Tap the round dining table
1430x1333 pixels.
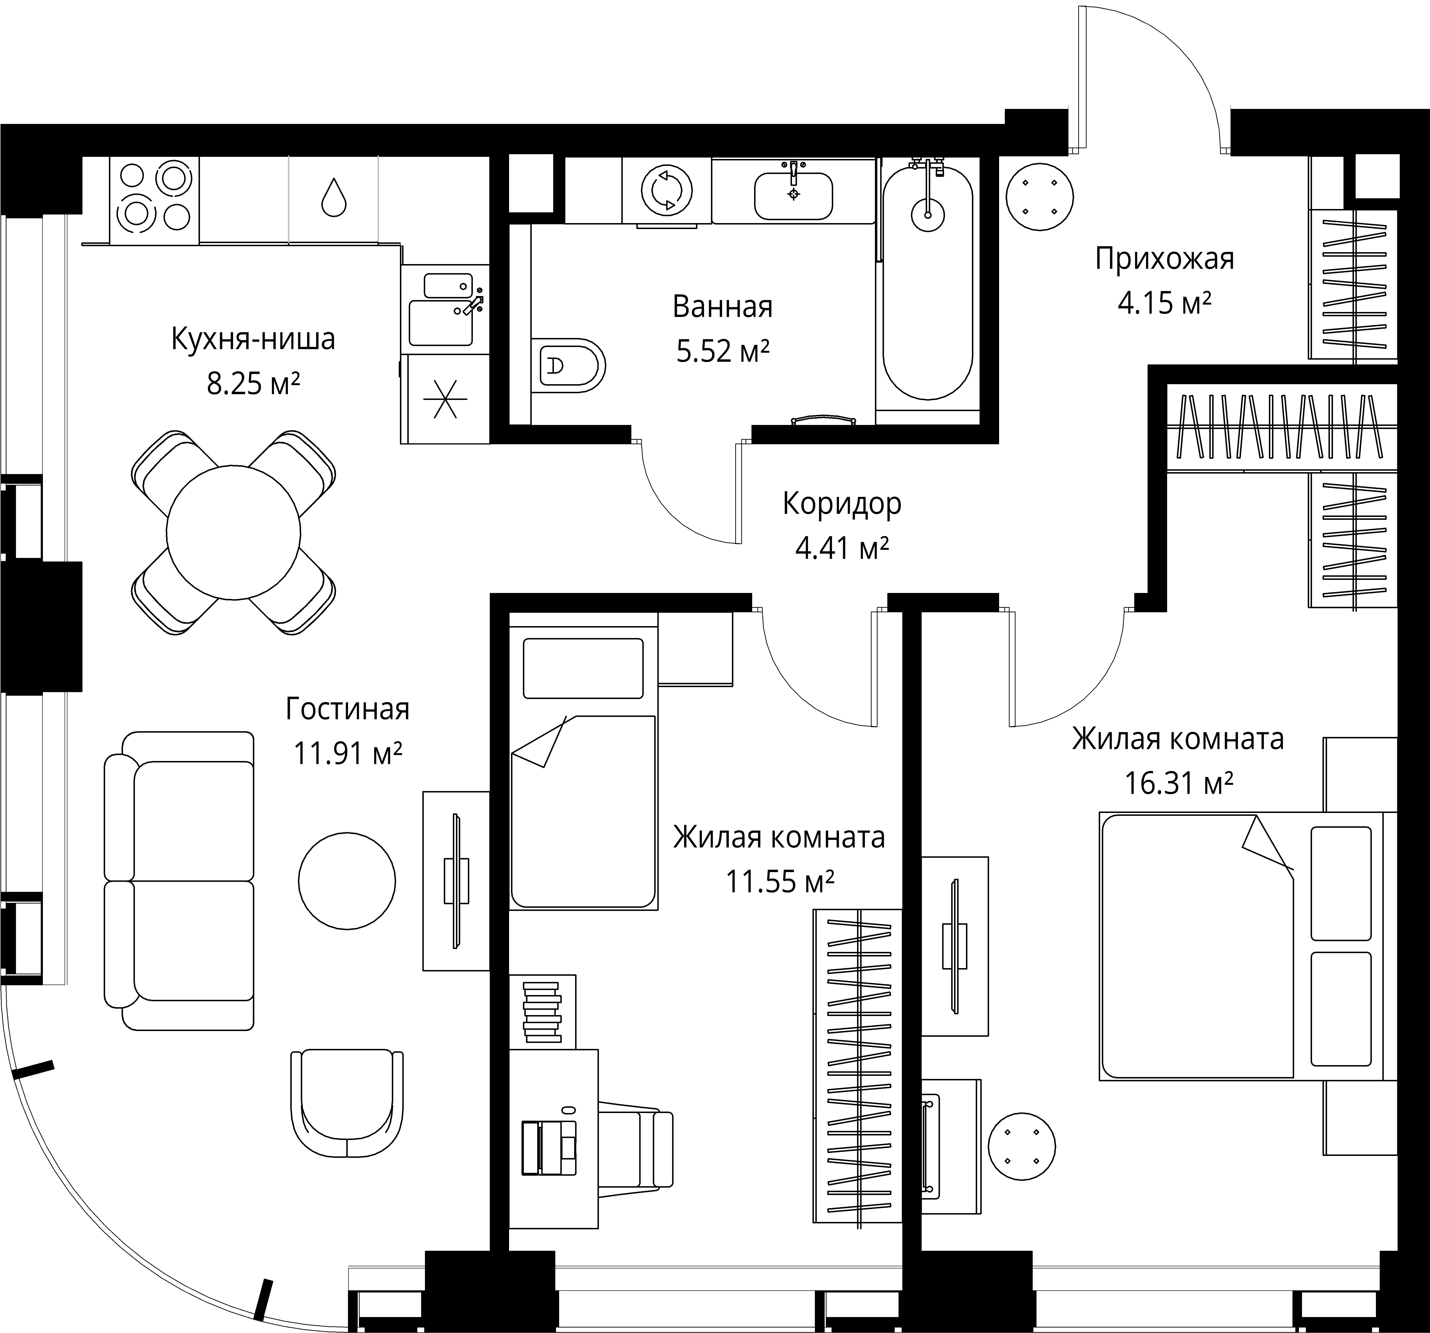(x=233, y=532)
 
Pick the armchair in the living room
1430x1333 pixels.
(x=347, y=1103)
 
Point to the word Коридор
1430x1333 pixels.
(x=842, y=504)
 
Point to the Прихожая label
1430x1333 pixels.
(x=1164, y=259)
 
